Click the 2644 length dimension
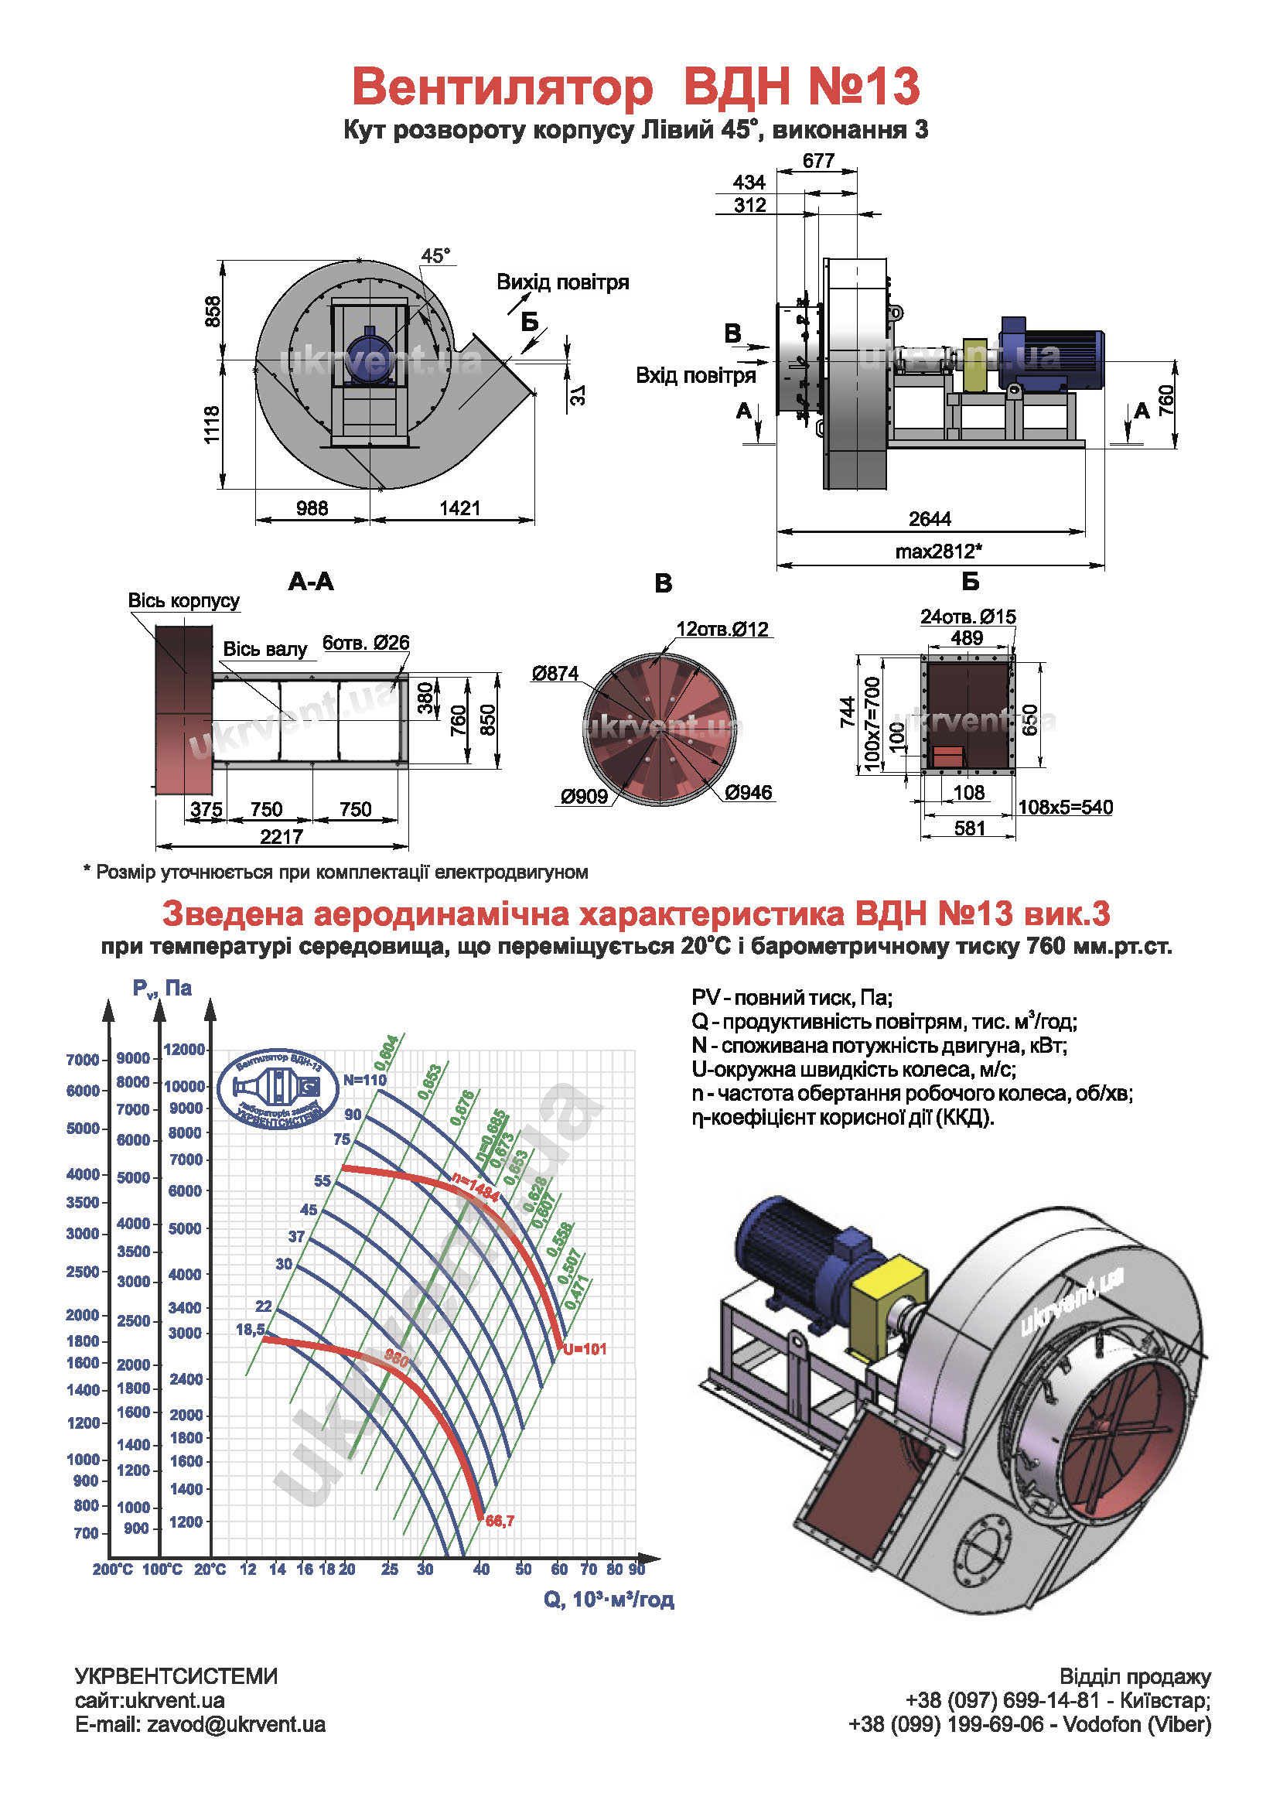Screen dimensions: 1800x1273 [930, 519]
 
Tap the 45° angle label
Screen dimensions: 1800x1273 [436, 255]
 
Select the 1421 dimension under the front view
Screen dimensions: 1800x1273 [460, 508]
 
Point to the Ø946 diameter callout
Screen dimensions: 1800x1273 [749, 793]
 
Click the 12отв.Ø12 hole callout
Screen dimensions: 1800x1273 [722, 629]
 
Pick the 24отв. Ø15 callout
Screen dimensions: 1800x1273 [968, 617]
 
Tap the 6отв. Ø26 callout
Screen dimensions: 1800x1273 [366, 643]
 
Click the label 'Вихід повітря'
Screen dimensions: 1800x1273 [563, 282]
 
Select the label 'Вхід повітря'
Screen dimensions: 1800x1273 [695, 375]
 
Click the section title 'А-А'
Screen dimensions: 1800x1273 [311, 581]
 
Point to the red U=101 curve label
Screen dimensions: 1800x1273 [585, 1349]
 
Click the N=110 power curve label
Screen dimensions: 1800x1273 [364, 1080]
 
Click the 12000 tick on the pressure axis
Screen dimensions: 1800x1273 [185, 1050]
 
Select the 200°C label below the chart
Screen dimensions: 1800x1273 [113, 1569]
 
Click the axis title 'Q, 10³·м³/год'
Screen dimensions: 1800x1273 [609, 1600]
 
